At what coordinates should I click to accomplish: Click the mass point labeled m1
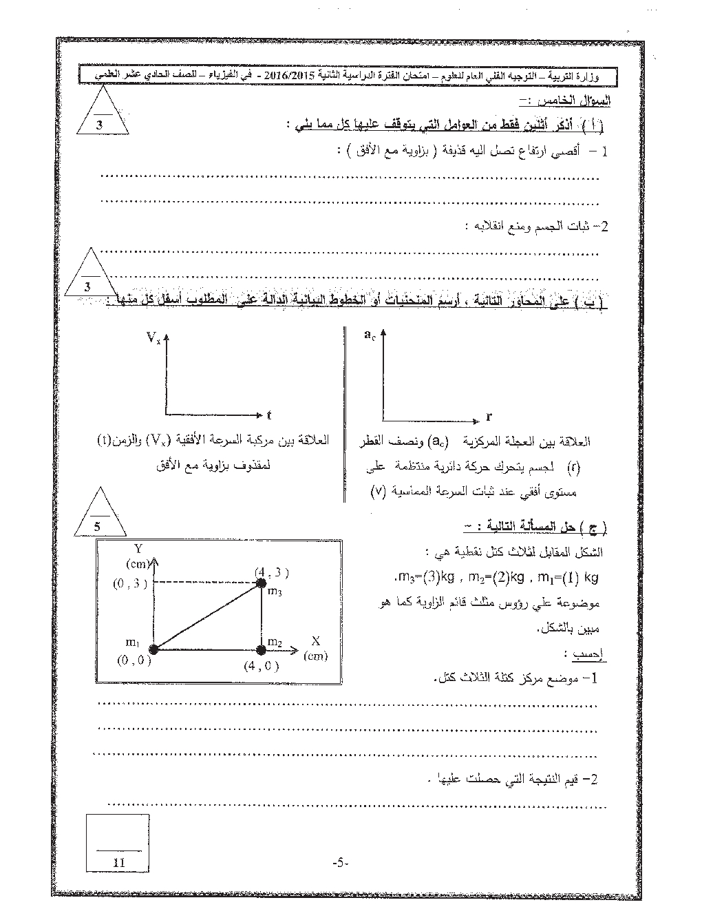pyautogui.click(x=153, y=649)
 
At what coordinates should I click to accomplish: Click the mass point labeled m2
pyautogui.click(x=261, y=649)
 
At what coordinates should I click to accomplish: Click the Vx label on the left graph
pyautogui.click(x=153, y=337)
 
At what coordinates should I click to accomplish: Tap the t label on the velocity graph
pyautogui.click(x=269, y=415)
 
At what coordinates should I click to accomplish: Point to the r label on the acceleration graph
pyautogui.click(x=488, y=417)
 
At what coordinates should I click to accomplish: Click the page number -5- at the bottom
pyautogui.click(x=341, y=863)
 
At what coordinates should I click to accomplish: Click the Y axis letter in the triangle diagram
pyautogui.click(x=138, y=548)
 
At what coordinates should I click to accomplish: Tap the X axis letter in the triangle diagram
pyautogui.click(x=316, y=640)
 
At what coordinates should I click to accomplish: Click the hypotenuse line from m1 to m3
pyautogui.click(x=207, y=616)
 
